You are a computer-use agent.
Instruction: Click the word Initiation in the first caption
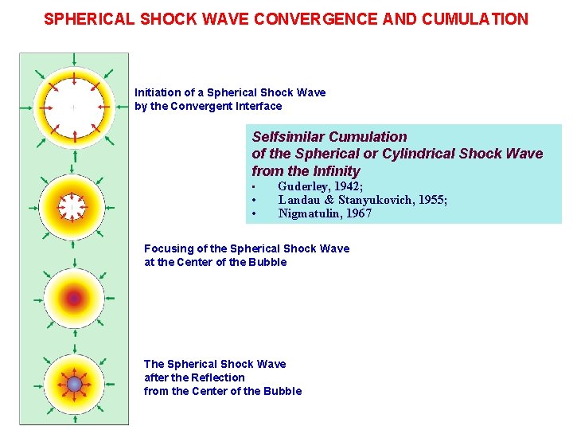pos(162,92)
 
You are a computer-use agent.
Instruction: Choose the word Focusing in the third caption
pos(168,248)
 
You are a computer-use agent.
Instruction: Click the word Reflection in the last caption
pos(216,377)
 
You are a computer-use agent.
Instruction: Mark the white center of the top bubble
pos(73,106)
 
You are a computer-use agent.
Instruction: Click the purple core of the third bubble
pos(74,299)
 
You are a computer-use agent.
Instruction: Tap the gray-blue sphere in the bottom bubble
pos(74,385)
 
